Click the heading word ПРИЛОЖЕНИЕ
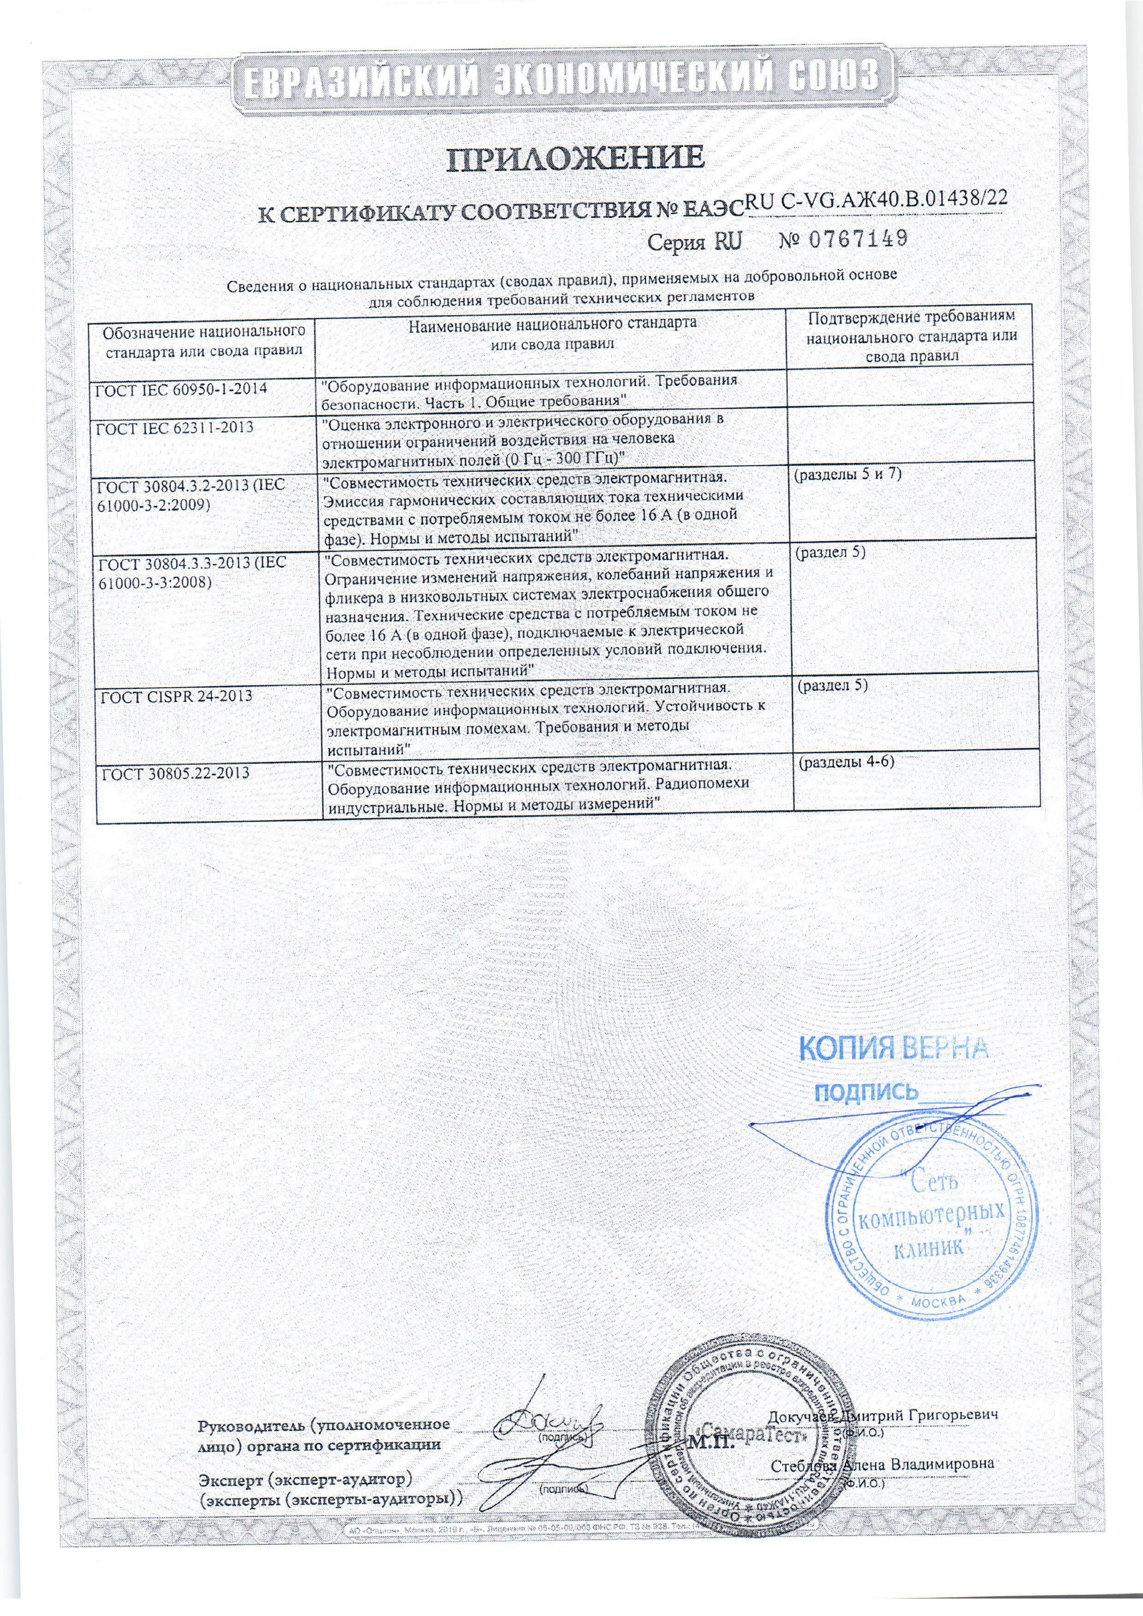575,159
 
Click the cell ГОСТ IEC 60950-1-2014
181,387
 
